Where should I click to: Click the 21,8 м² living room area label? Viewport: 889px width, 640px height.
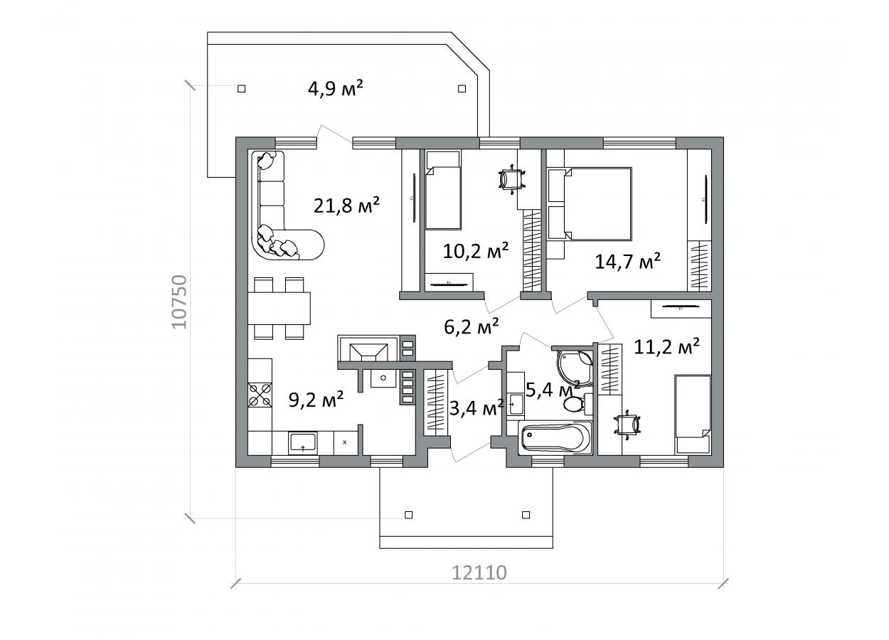346,205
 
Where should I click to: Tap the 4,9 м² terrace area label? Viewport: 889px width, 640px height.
336,88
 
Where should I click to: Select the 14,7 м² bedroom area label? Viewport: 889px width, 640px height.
628,261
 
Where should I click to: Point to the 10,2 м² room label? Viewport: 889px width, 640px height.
476,250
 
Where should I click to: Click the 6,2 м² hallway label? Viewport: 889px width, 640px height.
471,326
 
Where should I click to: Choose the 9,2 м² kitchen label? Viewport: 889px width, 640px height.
316,399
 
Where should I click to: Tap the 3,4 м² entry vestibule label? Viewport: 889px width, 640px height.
477,407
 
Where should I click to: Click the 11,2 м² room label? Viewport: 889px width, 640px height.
666,346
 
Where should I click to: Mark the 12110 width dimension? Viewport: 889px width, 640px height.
479,572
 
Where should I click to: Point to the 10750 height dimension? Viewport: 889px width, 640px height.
180,302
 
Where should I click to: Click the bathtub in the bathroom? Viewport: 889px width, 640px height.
555,437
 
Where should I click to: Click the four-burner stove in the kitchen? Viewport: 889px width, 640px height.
260,395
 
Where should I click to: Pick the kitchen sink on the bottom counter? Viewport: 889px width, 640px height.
303,443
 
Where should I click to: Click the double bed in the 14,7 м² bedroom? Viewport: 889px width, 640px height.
590,203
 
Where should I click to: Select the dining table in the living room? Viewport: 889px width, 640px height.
279,309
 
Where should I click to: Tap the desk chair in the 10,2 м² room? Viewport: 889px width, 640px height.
512,178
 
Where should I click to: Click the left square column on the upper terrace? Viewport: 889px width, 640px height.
241,88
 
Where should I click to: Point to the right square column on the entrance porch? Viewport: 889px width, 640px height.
526,515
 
